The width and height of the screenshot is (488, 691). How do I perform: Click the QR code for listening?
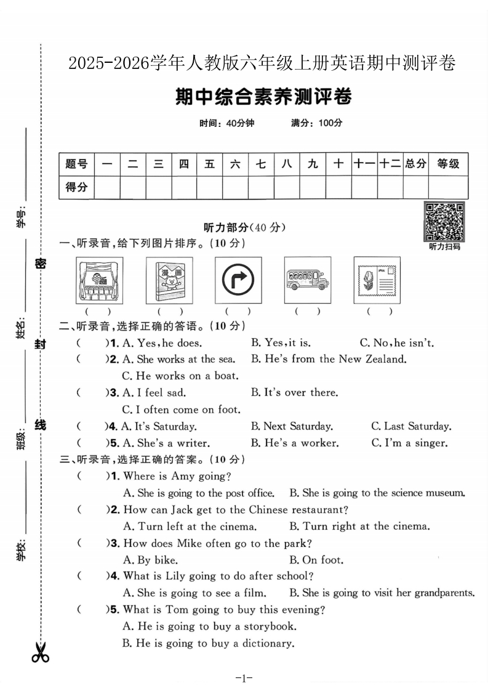[x=444, y=222]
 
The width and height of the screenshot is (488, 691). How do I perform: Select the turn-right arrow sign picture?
[x=238, y=280]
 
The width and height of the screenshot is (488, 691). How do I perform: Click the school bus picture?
[x=307, y=280]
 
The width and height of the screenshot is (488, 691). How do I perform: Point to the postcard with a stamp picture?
[x=377, y=280]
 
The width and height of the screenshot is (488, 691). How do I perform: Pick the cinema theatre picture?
[x=99, y=280]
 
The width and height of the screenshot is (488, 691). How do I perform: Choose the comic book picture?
[x=169, y=280]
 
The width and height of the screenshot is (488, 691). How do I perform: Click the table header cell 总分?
[x=415, y=164]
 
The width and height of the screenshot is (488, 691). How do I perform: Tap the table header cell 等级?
[x=448, y=164]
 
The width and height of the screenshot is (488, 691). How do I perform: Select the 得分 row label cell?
[x=76, y=187]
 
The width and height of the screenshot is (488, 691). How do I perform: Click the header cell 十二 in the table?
[x=390, y=164]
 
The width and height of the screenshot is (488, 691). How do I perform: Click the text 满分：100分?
[x=316, y=123]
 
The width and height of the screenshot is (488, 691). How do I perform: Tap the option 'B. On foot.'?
[x=316, y=560]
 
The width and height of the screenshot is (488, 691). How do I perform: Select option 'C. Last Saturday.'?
[x=410, y=426]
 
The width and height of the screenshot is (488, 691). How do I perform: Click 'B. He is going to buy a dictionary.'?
[x=208, y=644]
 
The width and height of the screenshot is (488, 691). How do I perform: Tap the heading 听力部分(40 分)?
[x=244, y=227]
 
